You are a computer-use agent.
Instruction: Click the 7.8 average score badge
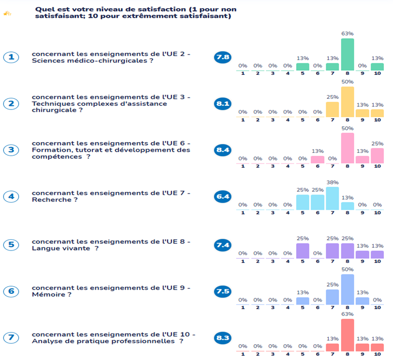223,57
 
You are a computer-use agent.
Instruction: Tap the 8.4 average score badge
223,150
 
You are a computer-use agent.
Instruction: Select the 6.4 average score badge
223,196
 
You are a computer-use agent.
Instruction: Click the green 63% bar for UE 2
347,54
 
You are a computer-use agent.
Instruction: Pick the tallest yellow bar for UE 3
347,102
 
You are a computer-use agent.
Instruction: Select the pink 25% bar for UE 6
377,155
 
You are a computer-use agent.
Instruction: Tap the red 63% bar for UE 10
347,335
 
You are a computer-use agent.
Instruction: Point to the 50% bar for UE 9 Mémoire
347,289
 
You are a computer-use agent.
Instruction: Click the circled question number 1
11,57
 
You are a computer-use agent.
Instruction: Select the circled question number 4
11,196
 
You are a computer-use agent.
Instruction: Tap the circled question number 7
11,337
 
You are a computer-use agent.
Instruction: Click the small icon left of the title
7,13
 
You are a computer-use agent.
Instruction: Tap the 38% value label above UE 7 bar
332,182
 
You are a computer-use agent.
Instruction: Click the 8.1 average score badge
223,104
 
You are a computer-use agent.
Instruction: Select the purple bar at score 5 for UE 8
303,251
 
